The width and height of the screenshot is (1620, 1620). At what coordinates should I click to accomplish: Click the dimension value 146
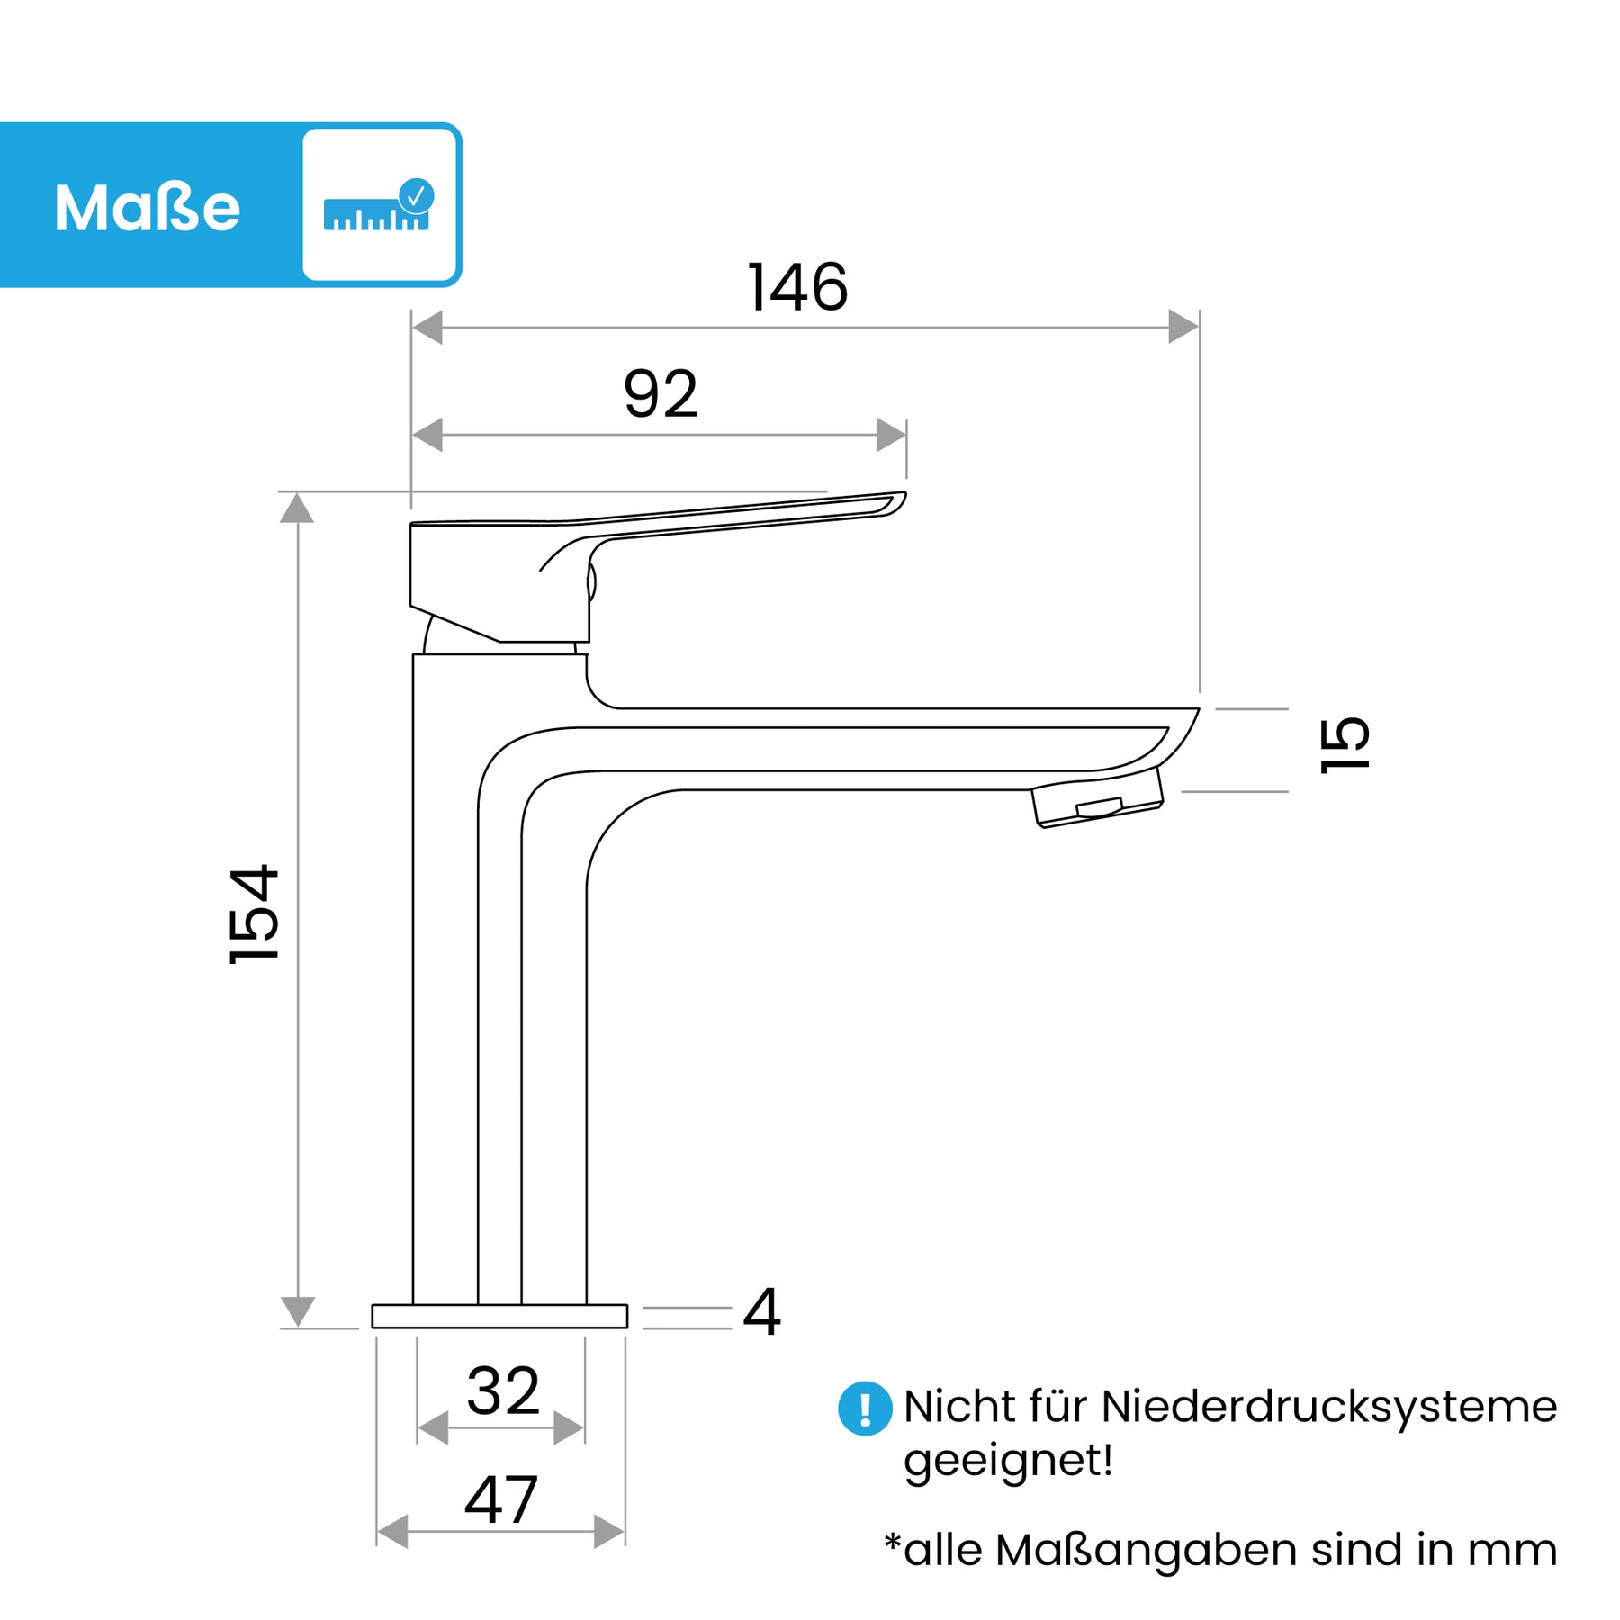(797, 288)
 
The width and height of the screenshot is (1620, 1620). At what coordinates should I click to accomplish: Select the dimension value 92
(661, 394)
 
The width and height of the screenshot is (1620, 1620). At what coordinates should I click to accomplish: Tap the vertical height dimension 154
(255, 914)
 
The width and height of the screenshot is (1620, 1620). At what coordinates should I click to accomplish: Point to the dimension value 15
(1345, 744)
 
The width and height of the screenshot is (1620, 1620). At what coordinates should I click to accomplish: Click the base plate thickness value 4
(761, 1313)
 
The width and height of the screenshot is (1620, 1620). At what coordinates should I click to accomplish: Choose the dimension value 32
(503, 1391)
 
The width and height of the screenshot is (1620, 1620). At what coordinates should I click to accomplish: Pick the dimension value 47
(501, 1500)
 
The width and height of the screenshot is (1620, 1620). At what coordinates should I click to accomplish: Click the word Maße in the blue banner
(148, 208)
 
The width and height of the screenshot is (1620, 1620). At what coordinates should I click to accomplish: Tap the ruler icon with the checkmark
(379, 205)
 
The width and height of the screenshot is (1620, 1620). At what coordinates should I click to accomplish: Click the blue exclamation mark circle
(865, 1408)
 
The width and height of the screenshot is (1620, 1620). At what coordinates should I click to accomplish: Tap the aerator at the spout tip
(1098, 797)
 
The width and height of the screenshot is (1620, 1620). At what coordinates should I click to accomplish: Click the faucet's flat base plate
(499, 1316)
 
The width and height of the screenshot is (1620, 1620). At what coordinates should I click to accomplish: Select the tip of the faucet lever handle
(904, 494)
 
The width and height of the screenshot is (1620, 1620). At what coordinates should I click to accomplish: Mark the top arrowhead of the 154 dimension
(297, 508)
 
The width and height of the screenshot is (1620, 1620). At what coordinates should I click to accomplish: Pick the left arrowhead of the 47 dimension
(392, 1531)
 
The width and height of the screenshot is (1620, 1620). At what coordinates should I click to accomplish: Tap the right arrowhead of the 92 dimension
(891, 435)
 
